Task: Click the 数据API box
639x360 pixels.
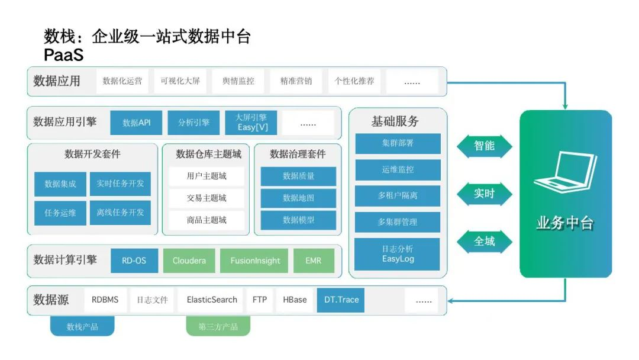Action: point(136,123)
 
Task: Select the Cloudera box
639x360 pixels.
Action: point(189,261)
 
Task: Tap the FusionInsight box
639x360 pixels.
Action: point(254,261)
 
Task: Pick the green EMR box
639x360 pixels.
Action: point(314,261)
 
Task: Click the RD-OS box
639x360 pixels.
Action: point(134,261)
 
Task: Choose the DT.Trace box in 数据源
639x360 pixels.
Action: point(341,300)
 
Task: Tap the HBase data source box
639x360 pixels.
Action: point(295,300)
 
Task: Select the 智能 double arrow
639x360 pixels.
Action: point(484,146)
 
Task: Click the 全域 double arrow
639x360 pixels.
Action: point(484,242)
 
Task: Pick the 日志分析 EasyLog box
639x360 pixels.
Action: point(398,254)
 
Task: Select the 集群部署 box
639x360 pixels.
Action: point(398,143)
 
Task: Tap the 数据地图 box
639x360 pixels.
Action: point(298,198)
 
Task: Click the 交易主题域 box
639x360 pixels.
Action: point(206,198)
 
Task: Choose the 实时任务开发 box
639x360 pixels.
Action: point(120,184)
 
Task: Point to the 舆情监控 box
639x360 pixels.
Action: point(238,81)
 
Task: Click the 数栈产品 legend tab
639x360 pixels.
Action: point(82,326)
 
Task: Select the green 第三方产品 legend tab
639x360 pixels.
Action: point(218,326)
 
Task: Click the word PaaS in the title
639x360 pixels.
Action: point(63,55)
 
